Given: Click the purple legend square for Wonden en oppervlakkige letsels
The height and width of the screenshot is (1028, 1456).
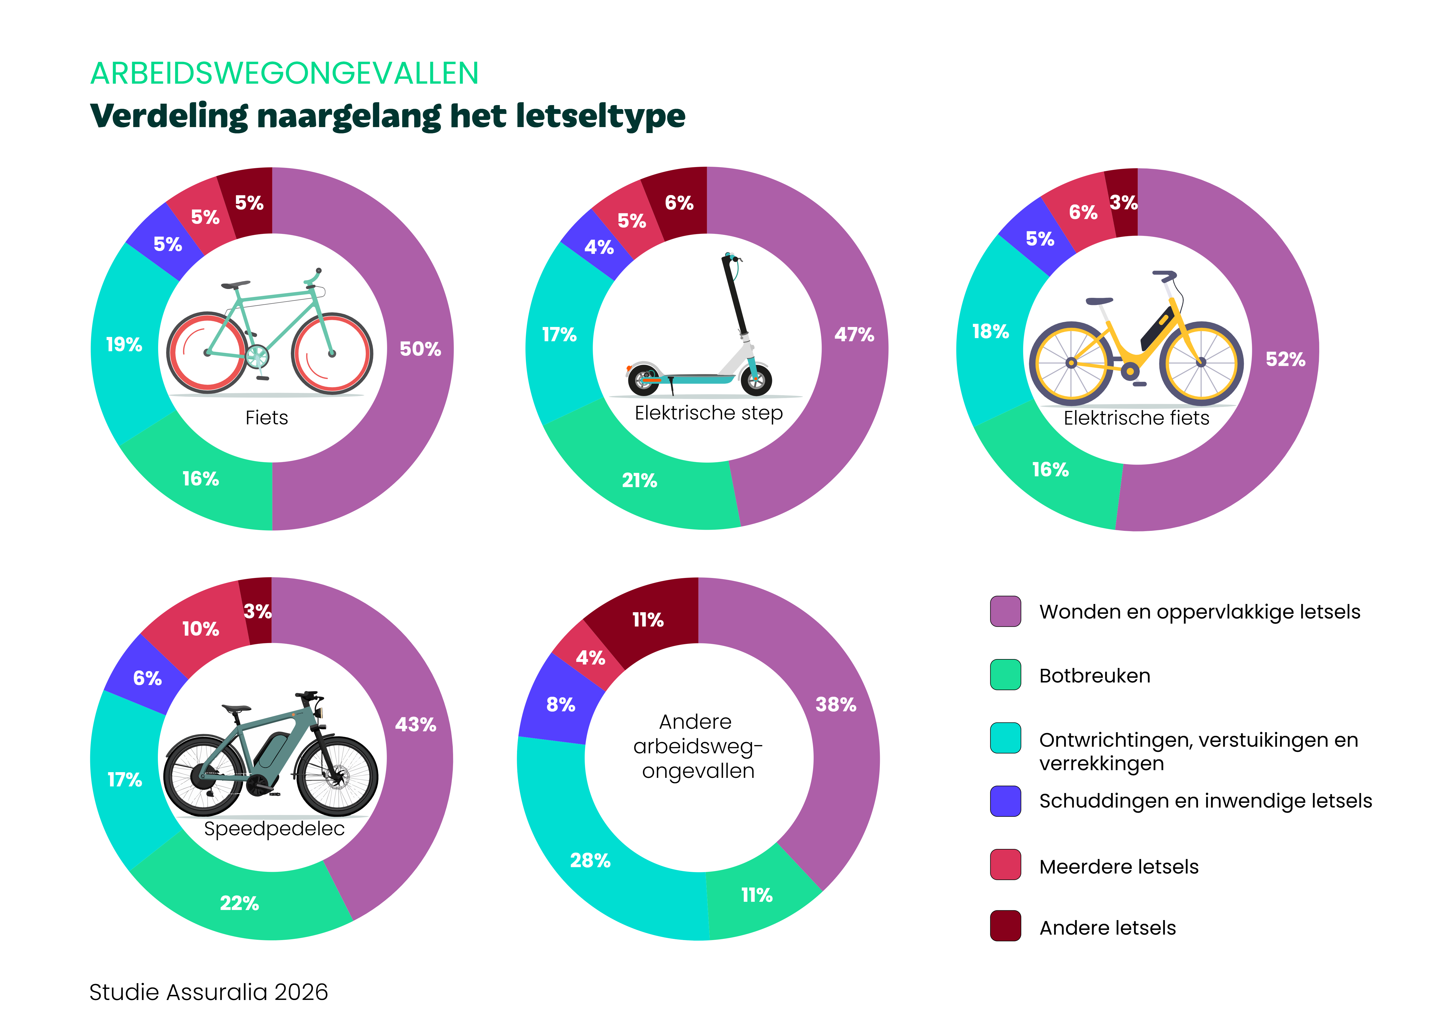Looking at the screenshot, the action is pyautogui.click(x=1005, y=611).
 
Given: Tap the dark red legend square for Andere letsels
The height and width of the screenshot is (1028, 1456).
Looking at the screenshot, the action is pyautogui.click(x=1005, y=926).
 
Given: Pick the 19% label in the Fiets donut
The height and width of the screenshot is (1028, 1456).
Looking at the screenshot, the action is pyautogui.click(x=124, y=344).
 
